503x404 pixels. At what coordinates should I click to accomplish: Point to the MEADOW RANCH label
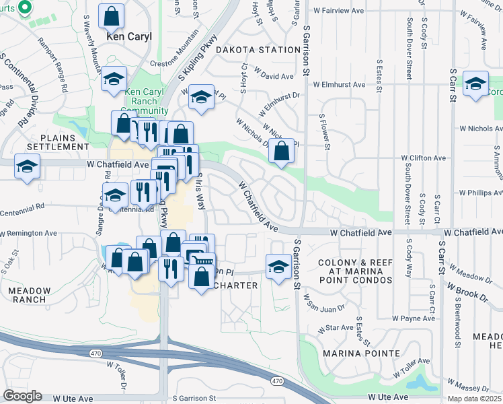click(29, 295)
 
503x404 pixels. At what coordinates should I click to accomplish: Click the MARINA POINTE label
click(360, 353)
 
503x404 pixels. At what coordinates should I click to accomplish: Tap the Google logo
click(22, 395)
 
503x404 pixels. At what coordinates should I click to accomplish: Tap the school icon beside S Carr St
click(475, 84)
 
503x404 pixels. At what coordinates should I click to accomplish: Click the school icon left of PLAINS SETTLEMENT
click(27, 166)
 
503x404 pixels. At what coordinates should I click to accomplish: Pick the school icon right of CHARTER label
click(278, 267)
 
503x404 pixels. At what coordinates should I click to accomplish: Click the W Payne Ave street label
click(410, 317)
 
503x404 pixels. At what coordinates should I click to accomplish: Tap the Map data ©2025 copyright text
click(474, 399)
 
